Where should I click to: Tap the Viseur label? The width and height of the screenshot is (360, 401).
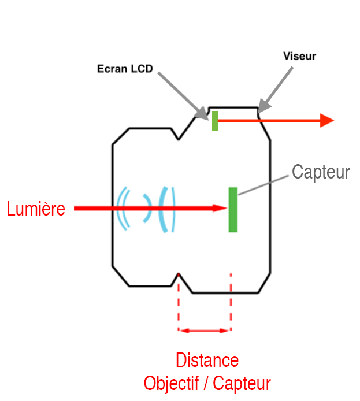point(300,57)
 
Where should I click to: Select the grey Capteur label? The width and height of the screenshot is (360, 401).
point(321,172)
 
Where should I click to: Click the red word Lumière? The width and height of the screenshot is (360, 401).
point(36,209)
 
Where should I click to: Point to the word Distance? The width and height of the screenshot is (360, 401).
point(207,361)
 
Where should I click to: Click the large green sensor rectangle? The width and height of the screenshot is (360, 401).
point(233,209)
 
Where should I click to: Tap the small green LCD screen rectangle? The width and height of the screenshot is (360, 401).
point(215,120)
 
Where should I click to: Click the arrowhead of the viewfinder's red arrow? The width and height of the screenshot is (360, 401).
point(327,120)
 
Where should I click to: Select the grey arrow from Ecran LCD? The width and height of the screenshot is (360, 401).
point(181,95)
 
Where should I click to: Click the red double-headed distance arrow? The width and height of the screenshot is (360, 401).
point(205,331)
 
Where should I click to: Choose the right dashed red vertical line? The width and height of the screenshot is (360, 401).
point(231,303)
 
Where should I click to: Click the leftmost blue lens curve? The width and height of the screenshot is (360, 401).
point(121,209)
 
